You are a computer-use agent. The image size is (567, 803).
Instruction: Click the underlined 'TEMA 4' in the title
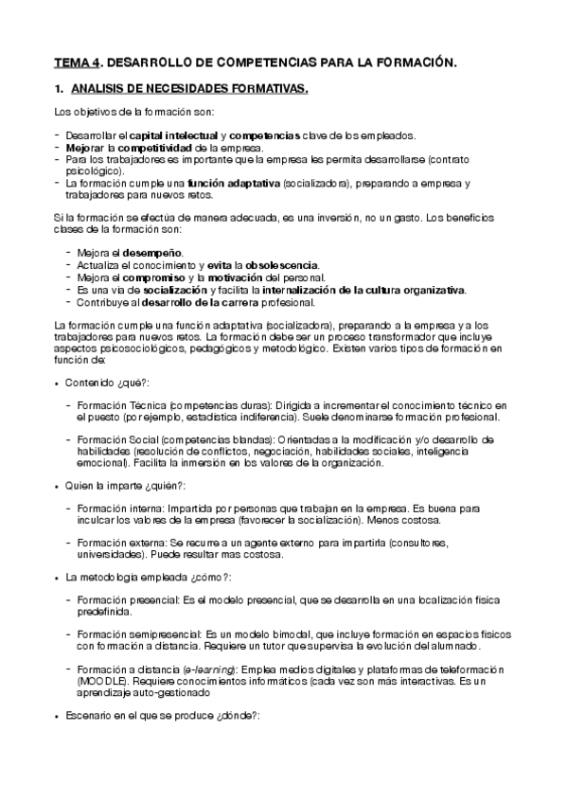tap(76, 63)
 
